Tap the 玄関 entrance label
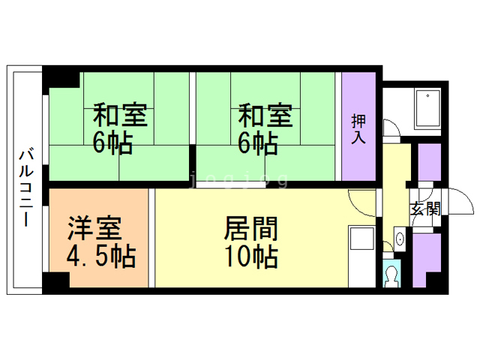pyautogui.click(x=424, y=209)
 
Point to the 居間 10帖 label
pyautogui.click(x=251, y=241)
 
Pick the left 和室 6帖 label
pyautogui.click(x=120, y=129)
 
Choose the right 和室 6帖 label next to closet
pyautogui.click(x=265, y=129)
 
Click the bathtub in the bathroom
pyautogui.click(x=427, y=109)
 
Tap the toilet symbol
pyautogui.click(x=391, y=276)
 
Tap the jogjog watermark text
pyautogui.click(x=240, y=180)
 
